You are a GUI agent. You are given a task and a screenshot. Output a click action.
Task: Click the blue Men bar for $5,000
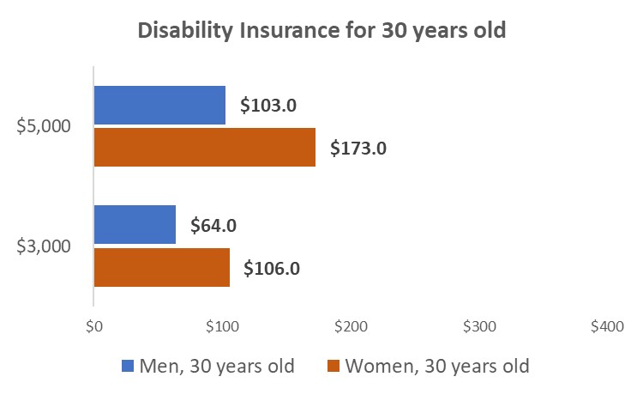click(x=159, y=105)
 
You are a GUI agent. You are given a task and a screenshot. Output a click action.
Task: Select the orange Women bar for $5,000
click(x=204, y=147)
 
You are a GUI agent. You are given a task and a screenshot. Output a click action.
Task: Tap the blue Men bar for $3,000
click(x=135, y=225)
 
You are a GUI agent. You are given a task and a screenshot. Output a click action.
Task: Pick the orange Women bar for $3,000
click(x=161, y=267)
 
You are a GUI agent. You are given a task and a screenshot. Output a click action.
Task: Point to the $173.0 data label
click(x=359, y=148)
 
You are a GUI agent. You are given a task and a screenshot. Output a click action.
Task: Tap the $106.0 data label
click(x=272, y=268)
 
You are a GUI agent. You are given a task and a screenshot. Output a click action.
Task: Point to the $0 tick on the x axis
click(x=94, y=327)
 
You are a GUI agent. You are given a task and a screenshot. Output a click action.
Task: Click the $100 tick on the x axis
click(x=221, y=327)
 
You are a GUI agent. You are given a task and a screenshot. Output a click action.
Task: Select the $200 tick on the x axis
click(x=350, y=327)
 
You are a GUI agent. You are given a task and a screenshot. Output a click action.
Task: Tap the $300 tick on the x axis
click(x=478, y=327)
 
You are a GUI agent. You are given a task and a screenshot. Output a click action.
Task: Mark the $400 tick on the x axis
click(x=606, y=327)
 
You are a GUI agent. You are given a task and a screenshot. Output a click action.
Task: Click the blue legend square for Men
click(x=128, y=366)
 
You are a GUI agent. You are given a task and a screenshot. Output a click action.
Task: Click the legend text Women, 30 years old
click(x=437, y=366)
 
